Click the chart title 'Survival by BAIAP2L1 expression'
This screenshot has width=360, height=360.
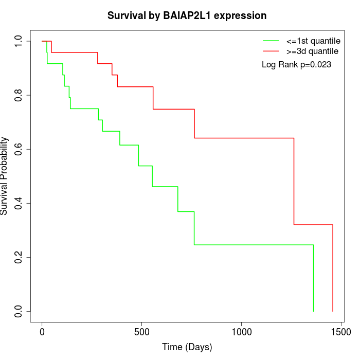click(187, 16)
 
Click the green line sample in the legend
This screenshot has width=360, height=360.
click(271, 41)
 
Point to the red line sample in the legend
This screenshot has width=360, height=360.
click(271, 51)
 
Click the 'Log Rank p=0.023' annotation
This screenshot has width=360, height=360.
click(296, 65)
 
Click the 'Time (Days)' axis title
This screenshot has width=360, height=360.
click(187, 348)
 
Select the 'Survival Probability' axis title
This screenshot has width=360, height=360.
click(5, 176)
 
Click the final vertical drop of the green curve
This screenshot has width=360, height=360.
click(313, 278)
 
